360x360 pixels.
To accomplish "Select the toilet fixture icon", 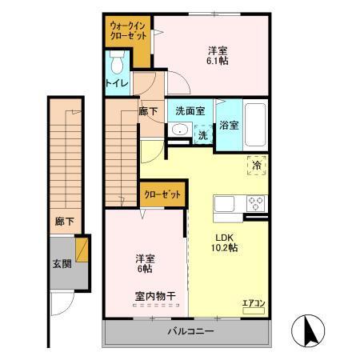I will tap(118, 61).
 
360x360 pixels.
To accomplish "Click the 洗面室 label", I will tap(190, 111).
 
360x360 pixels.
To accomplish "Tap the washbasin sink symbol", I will tap(180, 132).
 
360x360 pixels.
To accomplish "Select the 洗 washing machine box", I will tap(203, 135).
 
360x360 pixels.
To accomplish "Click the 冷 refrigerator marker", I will tap(258, 164).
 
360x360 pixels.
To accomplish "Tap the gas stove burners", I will tap(257, 202).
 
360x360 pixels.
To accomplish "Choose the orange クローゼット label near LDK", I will tap(163, 193).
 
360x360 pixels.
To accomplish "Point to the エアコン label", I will tap(253, 302).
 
